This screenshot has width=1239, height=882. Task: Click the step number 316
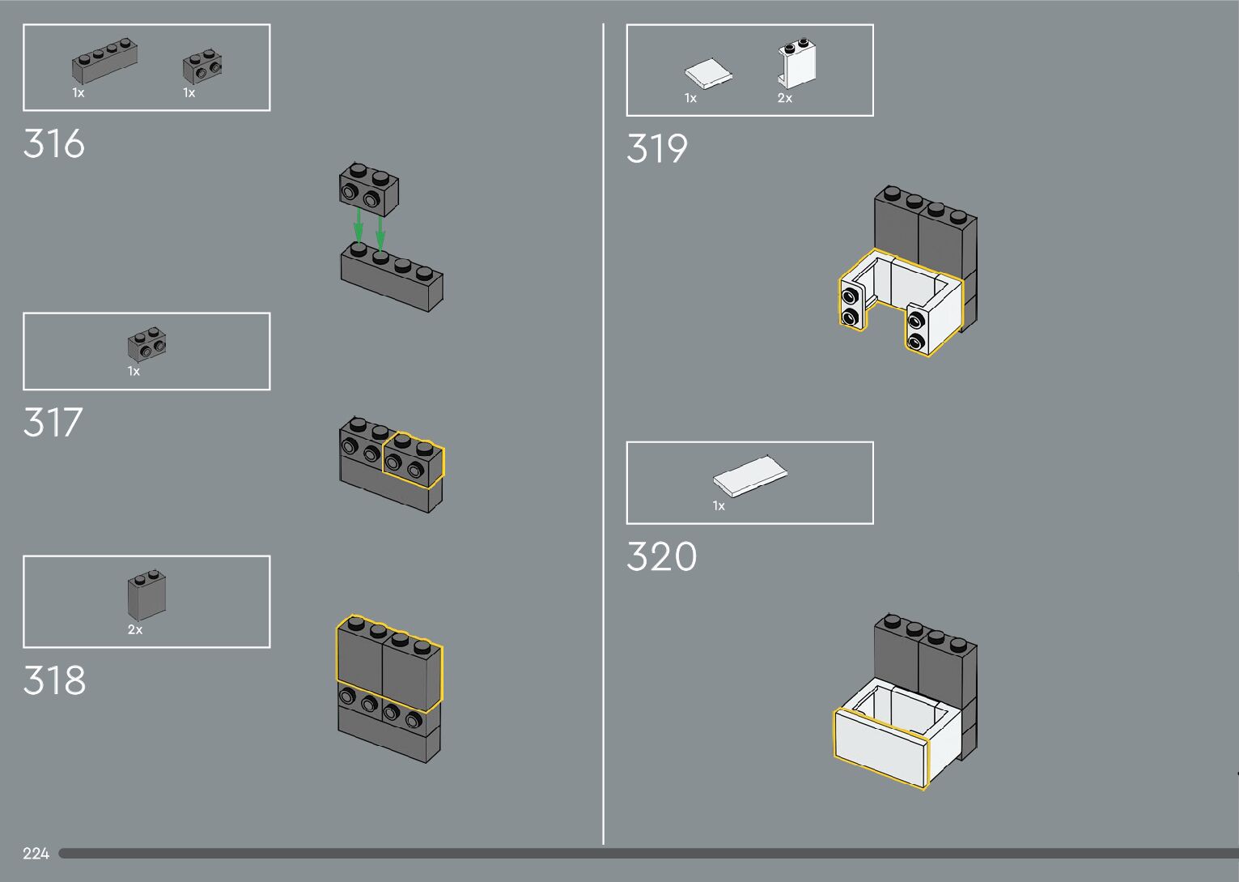pyautogui.click(x=54, y=144)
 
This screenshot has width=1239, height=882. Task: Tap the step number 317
pyautogui.click(x=53, y=423)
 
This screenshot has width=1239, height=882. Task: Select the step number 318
pyautogui.click(x=54, y=681)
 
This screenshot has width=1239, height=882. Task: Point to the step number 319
pyautogui.click(x=656, y=149)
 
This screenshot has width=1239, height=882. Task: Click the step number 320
pyautogui.click(x=661, y=557)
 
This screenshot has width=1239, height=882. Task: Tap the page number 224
pyautogui.click(x=36, y=854)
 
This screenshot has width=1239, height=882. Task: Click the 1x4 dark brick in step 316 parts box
pyautogui.click(x=104, y=62)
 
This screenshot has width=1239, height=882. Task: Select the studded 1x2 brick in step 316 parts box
pyautogui.click(x=202, y=66)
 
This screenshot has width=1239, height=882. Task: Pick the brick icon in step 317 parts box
pyautogui.click(x=147, y=344)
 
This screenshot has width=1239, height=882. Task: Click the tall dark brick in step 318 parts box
pyautogui.click(x=146, y=595)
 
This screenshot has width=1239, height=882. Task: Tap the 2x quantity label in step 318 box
pyautogui.click(x=135, y=629)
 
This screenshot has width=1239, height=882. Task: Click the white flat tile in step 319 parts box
pyautogui.click(x=708, y=75)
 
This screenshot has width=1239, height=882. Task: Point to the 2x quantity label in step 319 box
pyautogui.click(x=785, y=98)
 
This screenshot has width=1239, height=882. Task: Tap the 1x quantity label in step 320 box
pyautogui.click(x=719, y=506)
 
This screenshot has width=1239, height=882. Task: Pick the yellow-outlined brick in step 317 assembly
pyautogui.click(x=413, y=460)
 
